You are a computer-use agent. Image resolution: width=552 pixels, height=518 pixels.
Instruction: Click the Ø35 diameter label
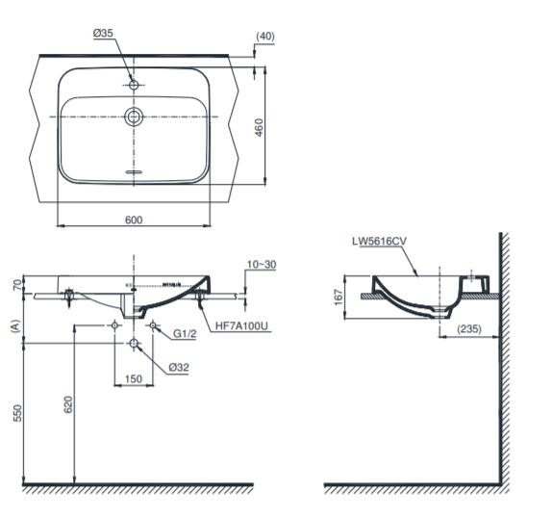pos(103,33)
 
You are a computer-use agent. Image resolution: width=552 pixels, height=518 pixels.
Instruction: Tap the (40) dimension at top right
pos(266,36)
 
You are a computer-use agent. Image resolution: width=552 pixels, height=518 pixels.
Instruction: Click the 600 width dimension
pos(134,220)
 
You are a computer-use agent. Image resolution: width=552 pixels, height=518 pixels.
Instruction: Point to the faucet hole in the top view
pos(134,85)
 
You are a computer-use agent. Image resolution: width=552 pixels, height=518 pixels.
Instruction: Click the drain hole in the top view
pos(134,117)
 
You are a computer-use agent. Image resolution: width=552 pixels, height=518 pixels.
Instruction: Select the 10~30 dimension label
pos(260,263)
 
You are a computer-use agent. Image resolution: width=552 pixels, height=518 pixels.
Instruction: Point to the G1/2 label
pos(186,334)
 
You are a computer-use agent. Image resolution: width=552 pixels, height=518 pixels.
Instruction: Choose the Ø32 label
pos(178,367)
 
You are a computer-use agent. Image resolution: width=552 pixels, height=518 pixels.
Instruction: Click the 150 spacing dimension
pos(134,378)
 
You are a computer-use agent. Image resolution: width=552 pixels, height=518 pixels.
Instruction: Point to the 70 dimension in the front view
pos(16,284)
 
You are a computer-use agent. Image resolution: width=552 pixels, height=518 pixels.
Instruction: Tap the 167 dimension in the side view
pos(339,298)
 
